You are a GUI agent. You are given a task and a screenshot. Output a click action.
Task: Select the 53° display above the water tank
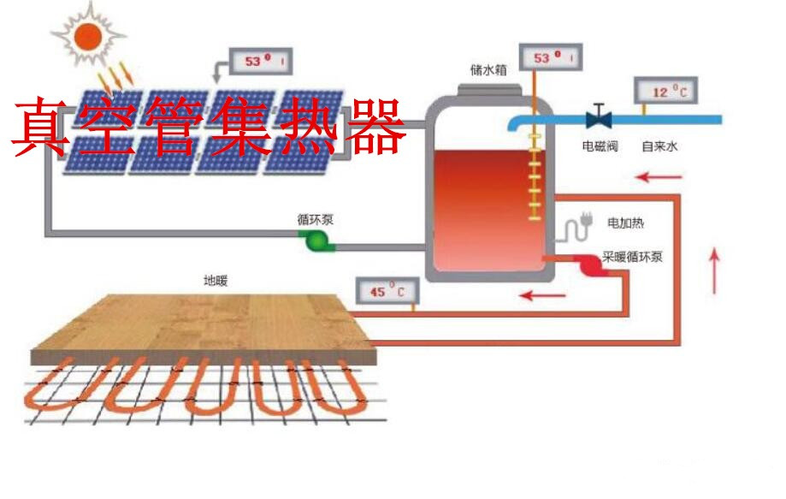(547, 58)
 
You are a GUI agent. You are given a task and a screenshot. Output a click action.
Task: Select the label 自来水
(659, 146)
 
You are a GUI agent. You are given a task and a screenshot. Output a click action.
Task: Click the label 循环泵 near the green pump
(316, 220)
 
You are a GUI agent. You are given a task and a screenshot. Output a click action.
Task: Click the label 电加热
(625, 223)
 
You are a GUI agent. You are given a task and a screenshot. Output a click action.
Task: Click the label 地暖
(216, 280)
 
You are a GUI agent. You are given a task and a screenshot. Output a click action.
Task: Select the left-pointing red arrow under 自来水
(659, 178)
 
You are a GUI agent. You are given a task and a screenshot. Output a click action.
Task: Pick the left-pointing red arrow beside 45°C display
(543, 296)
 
